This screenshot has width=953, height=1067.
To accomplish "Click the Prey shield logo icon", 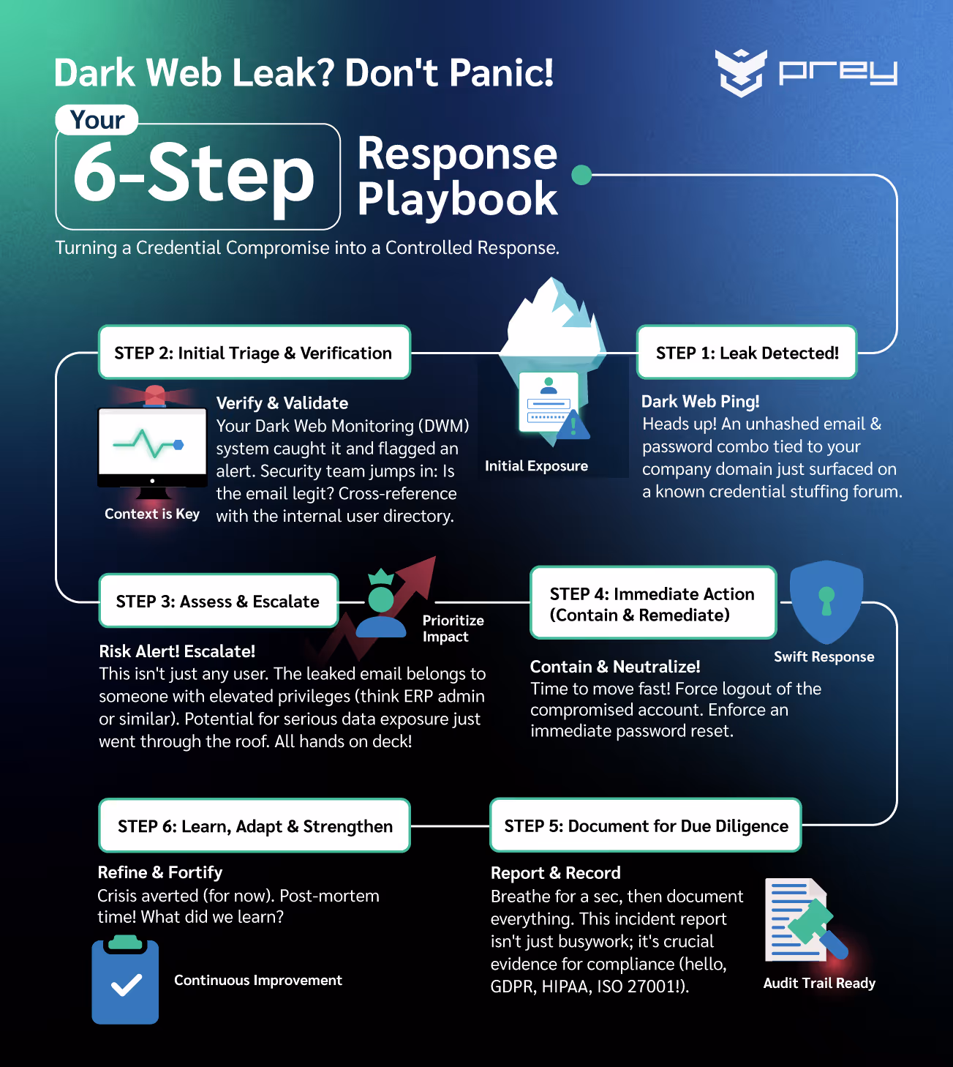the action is click(x=741, y=72).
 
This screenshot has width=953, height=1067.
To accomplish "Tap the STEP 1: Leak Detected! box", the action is click(x=746, y=353).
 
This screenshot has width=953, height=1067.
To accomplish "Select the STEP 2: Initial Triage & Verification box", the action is click(x=254, y=353).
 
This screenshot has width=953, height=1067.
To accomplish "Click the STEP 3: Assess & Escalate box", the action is click(x=218, y=601).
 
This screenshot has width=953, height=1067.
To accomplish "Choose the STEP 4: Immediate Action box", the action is click(x=652, y=604).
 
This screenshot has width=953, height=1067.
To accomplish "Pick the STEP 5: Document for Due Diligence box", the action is click(x=645, y=825).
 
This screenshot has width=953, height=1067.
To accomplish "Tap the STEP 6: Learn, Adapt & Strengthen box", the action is click(x=255, y=825).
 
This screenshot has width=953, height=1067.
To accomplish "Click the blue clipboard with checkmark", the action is click(x=125, y=981).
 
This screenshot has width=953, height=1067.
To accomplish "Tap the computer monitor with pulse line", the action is click(x=152, y=446).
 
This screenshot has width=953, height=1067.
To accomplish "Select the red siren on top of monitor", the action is click(x=154, y=395).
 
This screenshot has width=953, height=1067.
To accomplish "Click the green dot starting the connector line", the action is click(x=581, y=175).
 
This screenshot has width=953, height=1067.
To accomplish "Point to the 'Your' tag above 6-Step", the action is click(x=97, y=119).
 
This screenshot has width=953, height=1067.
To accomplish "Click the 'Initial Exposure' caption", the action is click(x=536, y=466).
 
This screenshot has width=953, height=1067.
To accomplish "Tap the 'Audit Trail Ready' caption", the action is click(x=819, y=983).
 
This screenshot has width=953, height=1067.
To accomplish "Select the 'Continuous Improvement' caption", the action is click(x=257, y=980).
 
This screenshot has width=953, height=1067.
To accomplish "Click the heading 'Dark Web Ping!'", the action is click(x=700, y=401).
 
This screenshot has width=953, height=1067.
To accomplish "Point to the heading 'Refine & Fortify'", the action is click(x=159, y=872).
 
